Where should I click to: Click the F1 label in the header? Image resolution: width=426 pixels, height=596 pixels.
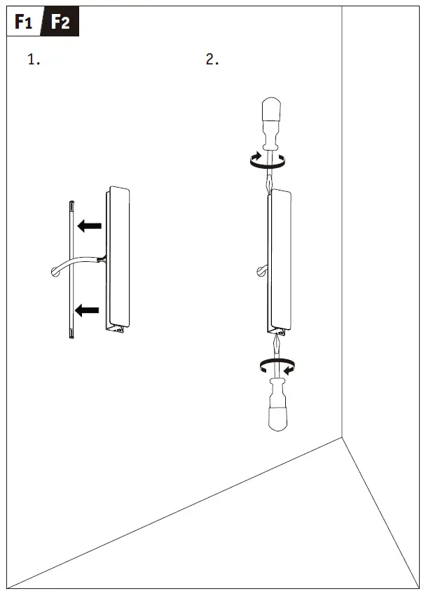point(24,23)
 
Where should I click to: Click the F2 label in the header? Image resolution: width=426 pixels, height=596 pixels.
point(60,23)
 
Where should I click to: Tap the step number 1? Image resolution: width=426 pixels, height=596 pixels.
point(33,60)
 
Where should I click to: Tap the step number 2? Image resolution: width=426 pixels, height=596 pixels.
point(212,60)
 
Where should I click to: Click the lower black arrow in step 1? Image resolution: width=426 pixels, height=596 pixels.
point(88,310)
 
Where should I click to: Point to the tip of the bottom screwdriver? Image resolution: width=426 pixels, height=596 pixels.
point(277,338)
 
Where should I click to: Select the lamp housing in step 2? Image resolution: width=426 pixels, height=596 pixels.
point(281,259)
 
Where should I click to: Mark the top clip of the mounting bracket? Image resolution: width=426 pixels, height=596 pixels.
point(71,205)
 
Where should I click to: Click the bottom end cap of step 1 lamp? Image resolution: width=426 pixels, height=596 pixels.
point(115,324)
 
